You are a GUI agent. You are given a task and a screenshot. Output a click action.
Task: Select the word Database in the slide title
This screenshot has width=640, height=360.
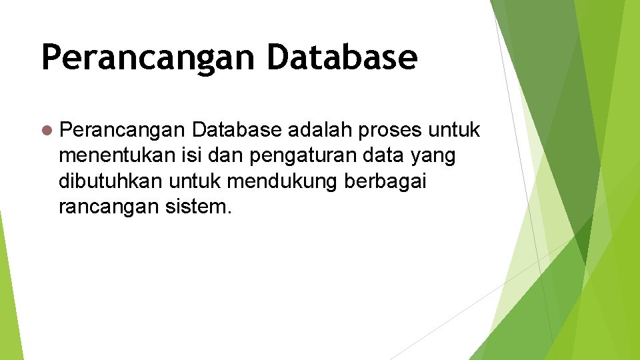[342, 57]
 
